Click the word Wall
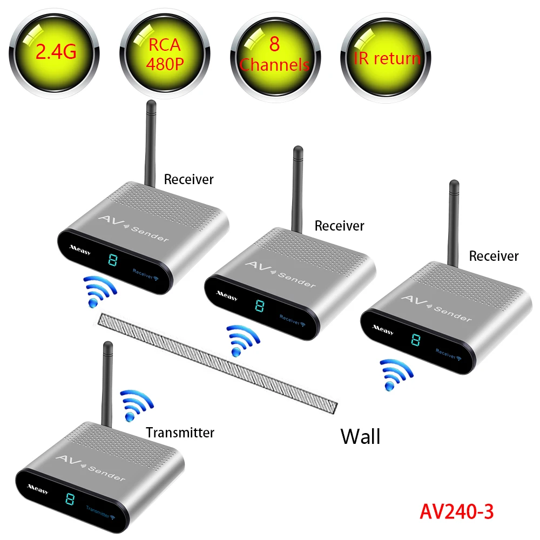point(360,436)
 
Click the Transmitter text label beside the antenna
point(180,433)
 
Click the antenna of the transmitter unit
point(107,383)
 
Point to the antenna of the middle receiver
point(297,186)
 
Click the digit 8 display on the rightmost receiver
point(415,340)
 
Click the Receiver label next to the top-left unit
point(189,179)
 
